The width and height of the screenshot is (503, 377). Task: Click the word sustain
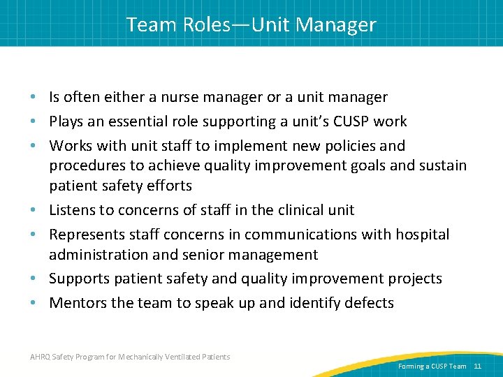coord(440,165)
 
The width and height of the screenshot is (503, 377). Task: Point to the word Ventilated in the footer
coord(181,357)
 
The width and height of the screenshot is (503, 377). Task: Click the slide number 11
coord(478,366)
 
